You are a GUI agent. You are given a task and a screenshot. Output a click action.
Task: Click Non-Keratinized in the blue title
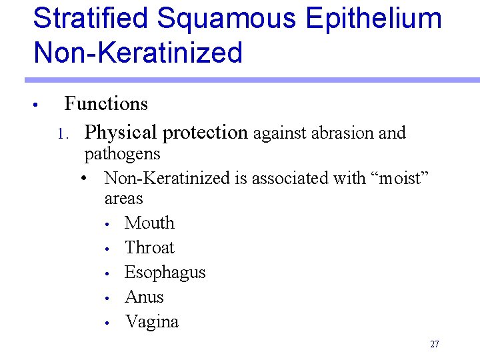coord(138,52)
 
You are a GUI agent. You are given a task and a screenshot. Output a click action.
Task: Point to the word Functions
coord(106,104)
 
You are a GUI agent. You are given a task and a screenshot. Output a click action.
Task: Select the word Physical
coord(122,133)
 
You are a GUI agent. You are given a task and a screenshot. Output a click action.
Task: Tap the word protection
coord(205,133)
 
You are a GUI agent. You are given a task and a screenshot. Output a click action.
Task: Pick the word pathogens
coord(122,154)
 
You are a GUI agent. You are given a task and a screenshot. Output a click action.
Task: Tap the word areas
coord(123,199)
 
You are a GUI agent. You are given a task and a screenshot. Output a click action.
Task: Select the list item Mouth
coord(149,223)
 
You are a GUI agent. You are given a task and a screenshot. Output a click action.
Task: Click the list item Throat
coord(149,247)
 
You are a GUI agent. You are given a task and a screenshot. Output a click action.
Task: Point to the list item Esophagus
coord(165,273)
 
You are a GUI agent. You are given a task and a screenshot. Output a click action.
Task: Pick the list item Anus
coord(144,297)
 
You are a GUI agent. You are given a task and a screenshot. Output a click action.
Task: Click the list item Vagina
coord(151,321)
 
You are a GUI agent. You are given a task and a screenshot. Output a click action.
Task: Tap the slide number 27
coord(435,345)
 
